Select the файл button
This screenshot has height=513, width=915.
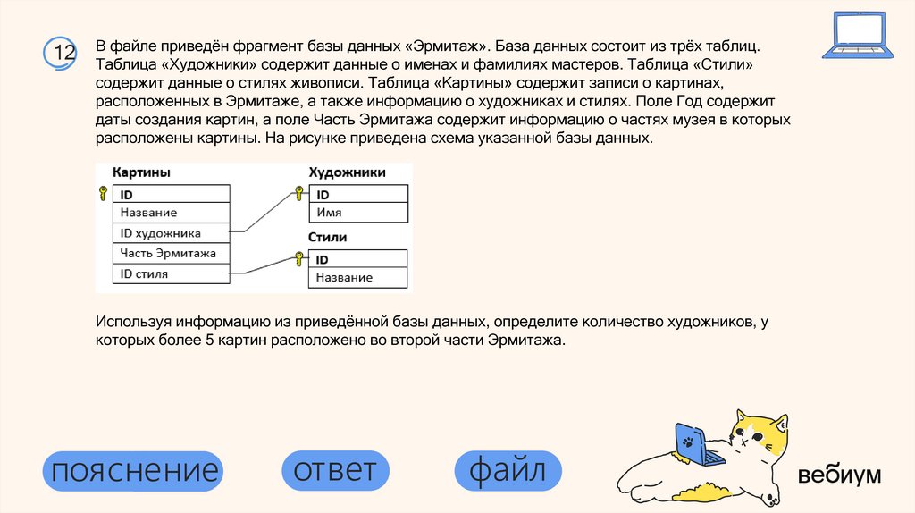click(x=508, y=470)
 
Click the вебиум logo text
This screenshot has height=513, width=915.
click(x=839, y=475)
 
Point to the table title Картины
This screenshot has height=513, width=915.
click(x=141, y=172)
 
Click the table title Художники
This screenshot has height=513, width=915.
click(x=347, y=172)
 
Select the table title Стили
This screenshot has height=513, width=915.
click(x=328, y=238)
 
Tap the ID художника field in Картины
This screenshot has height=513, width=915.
click(x=161, y=233)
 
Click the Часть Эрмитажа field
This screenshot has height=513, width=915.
click(x=168, y=254)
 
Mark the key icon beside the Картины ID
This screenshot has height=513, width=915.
click(x=103, y=193)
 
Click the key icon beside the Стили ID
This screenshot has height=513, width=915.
click(x=299, y=258)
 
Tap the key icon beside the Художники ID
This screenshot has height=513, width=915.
click(x=299, y=193)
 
